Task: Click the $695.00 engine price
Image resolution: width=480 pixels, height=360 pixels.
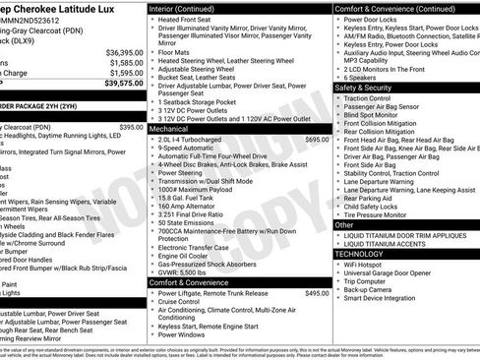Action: point(317,140)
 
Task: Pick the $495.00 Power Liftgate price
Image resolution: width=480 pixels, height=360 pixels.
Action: point(317,293)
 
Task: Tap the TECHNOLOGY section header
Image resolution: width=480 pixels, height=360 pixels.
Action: point(368,251)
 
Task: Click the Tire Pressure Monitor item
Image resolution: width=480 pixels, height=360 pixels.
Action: point(388,212)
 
